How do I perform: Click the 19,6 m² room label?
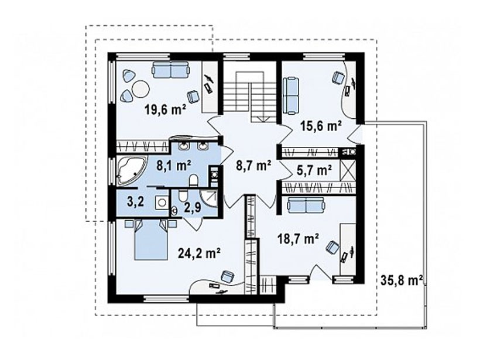click(x=166, y=109)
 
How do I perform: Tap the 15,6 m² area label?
click(x=321, y=125)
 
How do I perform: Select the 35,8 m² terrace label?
click(x=402, y=280)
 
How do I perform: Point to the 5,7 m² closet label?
click(x=314, y=170)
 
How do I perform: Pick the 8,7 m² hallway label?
click(x=253, y=166)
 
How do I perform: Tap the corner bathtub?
click(x=131, y=171)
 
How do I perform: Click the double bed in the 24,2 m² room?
click(x=151, y=239)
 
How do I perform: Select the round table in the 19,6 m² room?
click(x=140, y=89)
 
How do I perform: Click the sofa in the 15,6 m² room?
click(x=291, y=96)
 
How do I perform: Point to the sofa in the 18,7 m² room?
click(x=306, y=205)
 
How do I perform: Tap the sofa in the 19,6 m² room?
click(x=170, y=70)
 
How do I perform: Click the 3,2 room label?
click(x=136, y=203)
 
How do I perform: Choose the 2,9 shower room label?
click(x=193, y=208)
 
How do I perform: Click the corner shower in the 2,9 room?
click(x=208, y=198)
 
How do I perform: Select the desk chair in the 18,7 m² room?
click(x=332, y=247)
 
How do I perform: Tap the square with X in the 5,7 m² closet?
click(x=348, y=170)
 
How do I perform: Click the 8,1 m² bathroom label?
click(x=174, y=166)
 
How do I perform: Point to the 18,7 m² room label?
click(x=298, y=238)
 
